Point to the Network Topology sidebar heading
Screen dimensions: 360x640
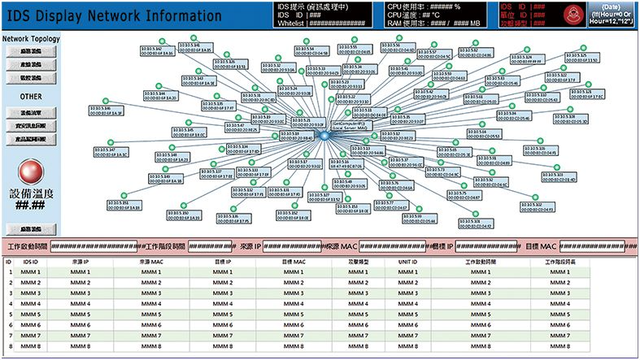[30, 38]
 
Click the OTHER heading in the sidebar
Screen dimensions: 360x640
[31, 96]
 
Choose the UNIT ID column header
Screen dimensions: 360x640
[407, 262]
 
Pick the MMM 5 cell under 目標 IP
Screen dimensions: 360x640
[222, 314]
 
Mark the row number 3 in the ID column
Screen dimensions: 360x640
[9, 293]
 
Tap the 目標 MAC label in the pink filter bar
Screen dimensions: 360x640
[541, 245]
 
